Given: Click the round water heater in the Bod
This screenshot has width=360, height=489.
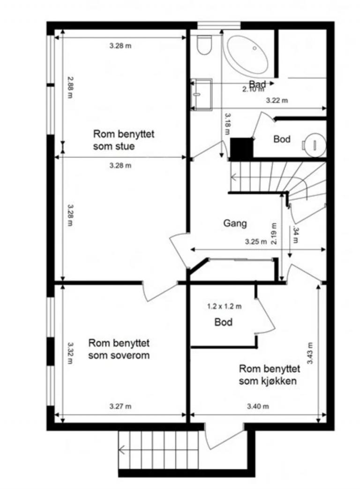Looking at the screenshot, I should coord(314,143).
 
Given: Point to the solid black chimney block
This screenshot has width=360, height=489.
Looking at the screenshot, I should coord(242,148).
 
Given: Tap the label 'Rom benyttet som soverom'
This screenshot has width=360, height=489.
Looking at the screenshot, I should coord(119,349).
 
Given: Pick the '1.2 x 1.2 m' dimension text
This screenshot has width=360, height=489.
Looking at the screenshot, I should coord(224,307).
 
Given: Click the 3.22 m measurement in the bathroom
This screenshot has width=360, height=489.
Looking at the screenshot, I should coord(277,100).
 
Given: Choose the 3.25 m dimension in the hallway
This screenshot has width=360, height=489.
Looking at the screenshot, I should coord(255,242).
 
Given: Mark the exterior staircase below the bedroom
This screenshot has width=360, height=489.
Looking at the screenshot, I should coord(159,450).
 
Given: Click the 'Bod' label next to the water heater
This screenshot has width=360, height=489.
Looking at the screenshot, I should coord(282,139).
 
